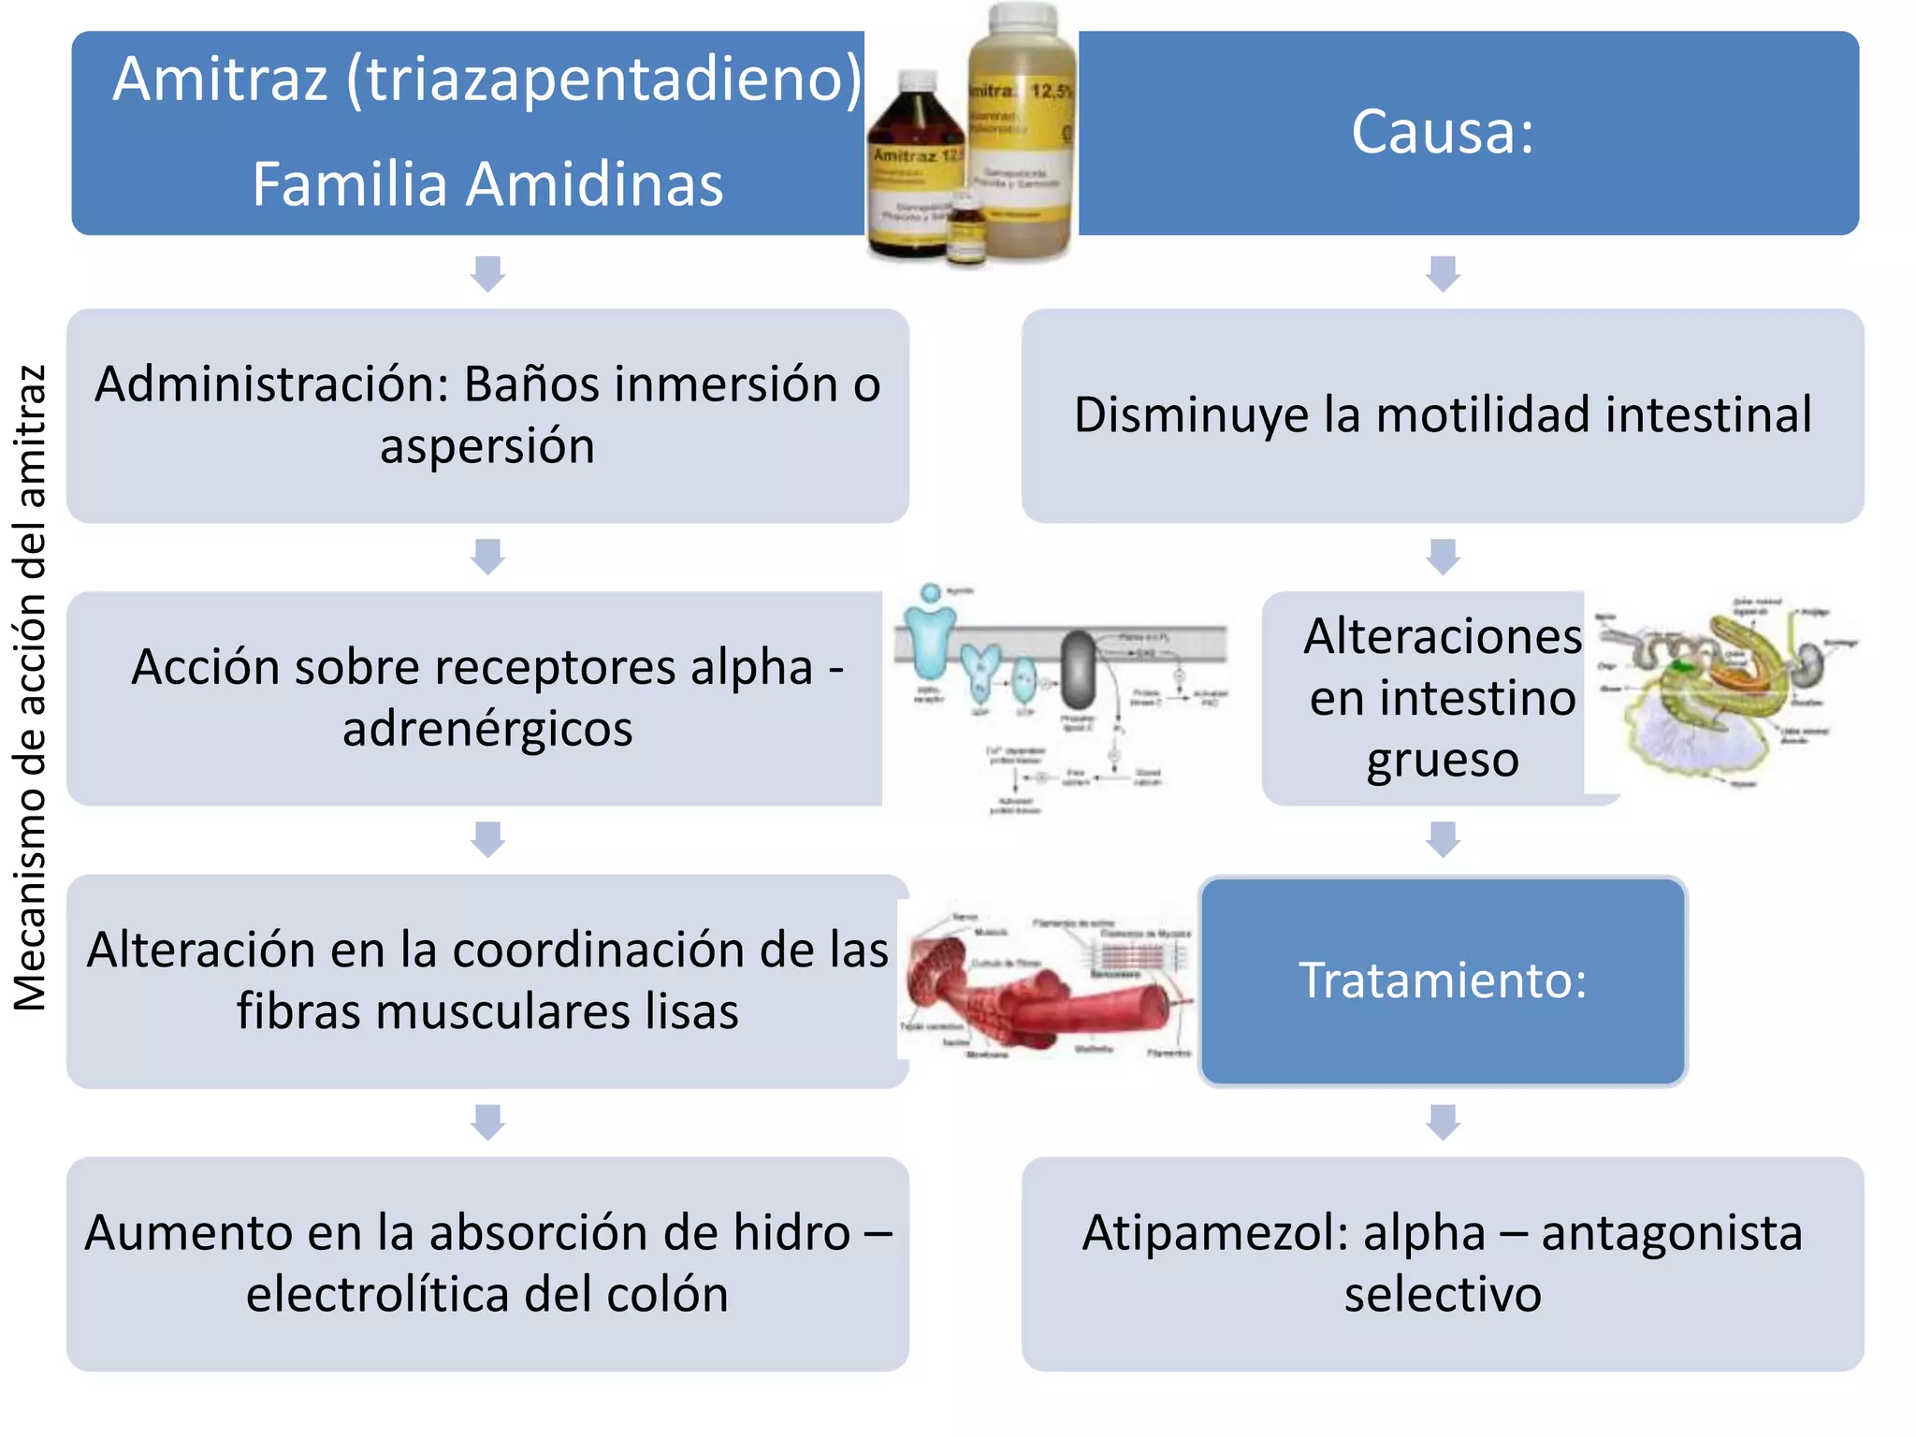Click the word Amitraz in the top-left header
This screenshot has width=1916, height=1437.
coord(221,79)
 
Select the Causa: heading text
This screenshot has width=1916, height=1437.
coord(1443,132)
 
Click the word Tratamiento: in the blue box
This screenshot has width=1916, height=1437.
coord(1443,980)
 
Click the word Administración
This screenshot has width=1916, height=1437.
coord(271,385)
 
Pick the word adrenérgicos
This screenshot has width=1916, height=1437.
coord(487,729)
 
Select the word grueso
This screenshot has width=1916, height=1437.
coord(1443,760)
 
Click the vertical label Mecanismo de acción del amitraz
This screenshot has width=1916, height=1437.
coord(30,689)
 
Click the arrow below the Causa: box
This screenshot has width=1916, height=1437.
coord(1443,273)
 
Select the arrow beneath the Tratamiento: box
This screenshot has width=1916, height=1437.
coord(1443,1122)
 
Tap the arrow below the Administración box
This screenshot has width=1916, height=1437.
coord(487,556)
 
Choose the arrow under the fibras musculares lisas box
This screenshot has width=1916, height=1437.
coord(487,1122)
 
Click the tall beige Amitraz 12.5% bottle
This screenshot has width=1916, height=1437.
coord(1022,131)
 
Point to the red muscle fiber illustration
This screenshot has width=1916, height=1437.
coord(1048,987)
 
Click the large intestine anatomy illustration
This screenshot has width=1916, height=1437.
coord(1726,692)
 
